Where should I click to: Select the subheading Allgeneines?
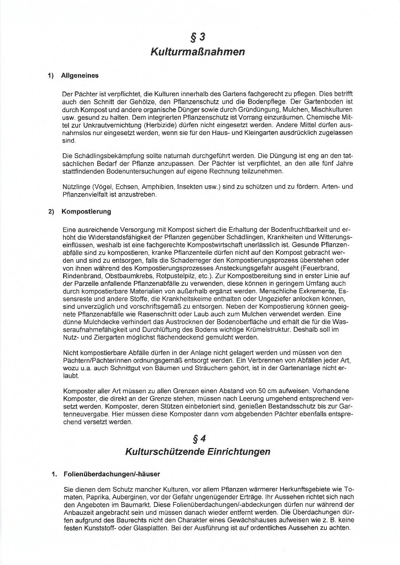[80, 76]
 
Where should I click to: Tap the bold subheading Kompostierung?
[87, 211]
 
